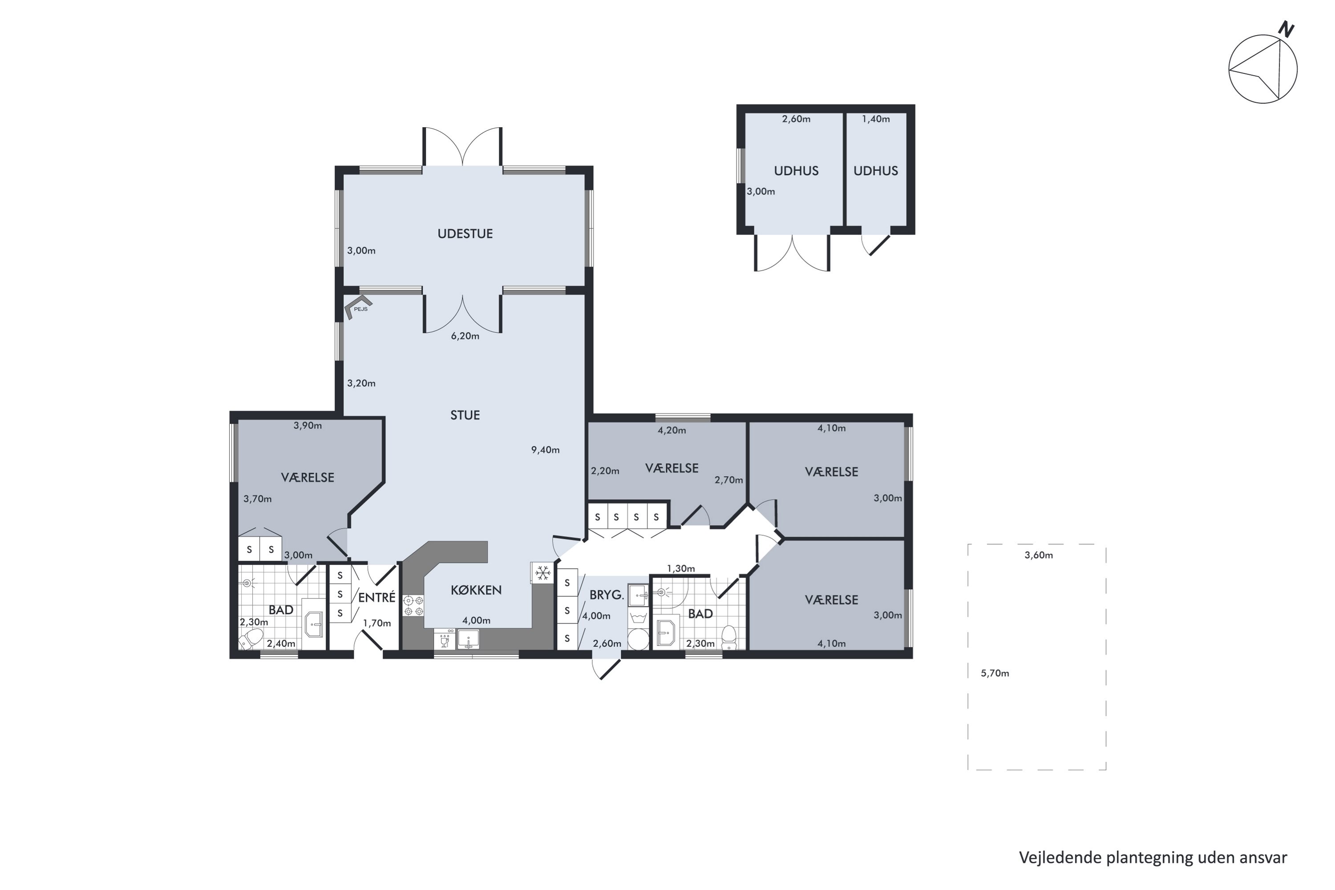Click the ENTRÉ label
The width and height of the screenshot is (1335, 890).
click(376, 598)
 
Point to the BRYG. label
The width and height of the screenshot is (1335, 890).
click(606, 595)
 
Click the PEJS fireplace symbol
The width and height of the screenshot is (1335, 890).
click(358, 307)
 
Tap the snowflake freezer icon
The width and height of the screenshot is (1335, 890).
click(542, 573)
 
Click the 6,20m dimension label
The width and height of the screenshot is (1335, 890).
click(465, 336)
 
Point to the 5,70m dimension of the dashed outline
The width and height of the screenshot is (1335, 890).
click(995, 674)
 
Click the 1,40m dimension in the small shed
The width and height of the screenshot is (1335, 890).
click(875, 119)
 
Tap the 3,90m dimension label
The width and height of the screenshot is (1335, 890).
click(307, 426)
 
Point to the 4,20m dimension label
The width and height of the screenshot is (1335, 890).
click(672, 431)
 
